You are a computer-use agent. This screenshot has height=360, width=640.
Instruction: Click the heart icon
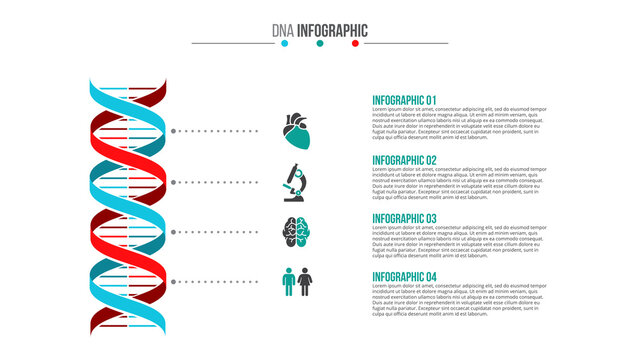click(x=297, y=130)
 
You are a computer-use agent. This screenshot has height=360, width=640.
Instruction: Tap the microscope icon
click(x=297, y=183)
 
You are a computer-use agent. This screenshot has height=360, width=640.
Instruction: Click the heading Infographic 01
click(x=404, y=100)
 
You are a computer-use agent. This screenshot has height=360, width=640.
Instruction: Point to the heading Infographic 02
click(x=404, y=160)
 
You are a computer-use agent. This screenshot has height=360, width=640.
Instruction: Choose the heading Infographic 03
click(x=404, y=218)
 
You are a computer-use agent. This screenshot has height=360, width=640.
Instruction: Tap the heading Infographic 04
click(x=404, y=277)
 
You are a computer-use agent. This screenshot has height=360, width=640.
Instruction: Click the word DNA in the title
click(x=283, y=30)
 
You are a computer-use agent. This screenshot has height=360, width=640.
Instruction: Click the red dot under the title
click(x=355, y=43)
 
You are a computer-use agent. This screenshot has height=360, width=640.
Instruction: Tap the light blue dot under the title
click(x=285, y=43)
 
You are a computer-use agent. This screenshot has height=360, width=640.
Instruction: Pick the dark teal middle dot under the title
click(x=320, y=43)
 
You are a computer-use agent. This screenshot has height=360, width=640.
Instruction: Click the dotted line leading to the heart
click(x=214, y=131)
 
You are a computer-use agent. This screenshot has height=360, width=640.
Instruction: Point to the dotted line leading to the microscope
click(x=214, y=183)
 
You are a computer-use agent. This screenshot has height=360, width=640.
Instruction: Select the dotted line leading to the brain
click(x=214, y=232)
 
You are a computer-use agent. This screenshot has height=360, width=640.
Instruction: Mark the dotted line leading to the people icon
click(x=214, y=281)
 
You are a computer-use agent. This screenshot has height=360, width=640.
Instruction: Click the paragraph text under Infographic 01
click(x=459, y=124)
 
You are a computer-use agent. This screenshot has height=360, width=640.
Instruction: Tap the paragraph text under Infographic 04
click(x=459, y=301)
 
